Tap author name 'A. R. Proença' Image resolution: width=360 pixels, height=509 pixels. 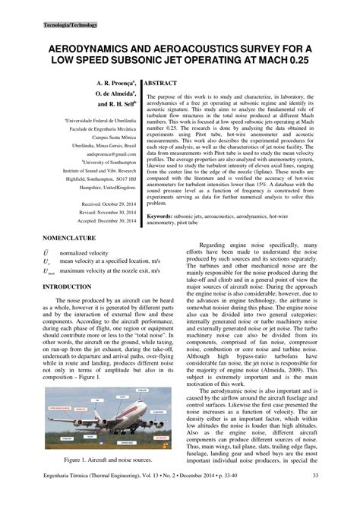(x=115, y=80)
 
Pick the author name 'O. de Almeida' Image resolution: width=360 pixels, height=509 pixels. (x=115, y=91)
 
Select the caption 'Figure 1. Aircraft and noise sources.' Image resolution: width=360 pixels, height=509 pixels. (x=109, y=460)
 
